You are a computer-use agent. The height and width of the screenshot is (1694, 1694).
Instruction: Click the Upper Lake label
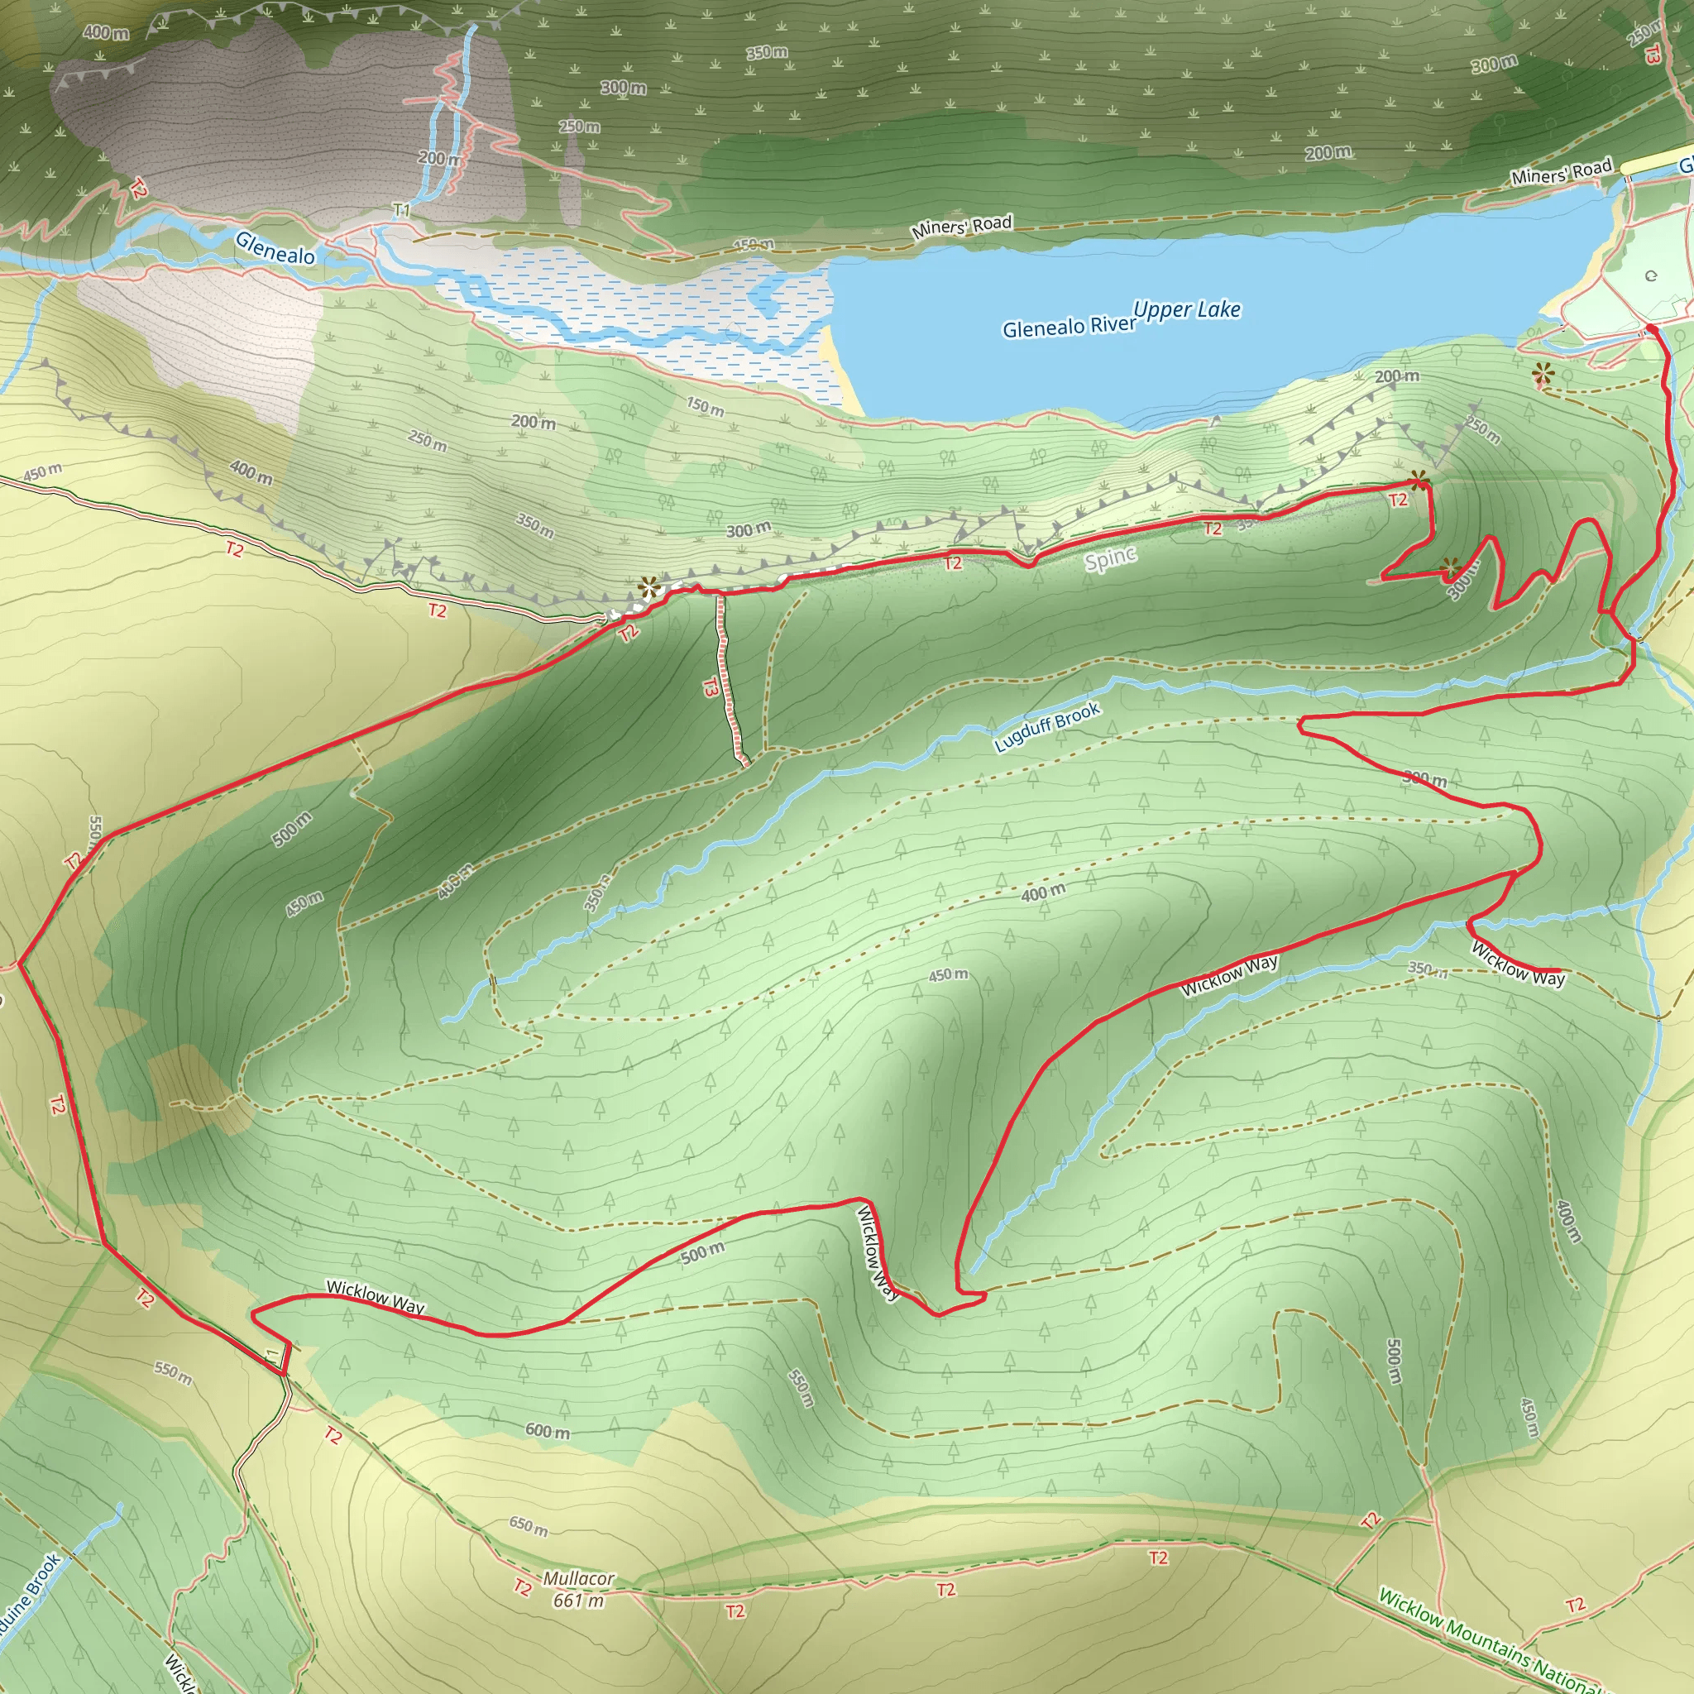tap(1187, 309)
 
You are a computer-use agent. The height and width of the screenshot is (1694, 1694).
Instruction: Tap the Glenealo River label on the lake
tap(1069, 327)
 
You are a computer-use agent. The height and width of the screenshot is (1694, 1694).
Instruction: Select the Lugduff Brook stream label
tap(1047, 727)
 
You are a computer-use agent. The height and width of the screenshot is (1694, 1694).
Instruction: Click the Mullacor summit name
tap(579, 1578)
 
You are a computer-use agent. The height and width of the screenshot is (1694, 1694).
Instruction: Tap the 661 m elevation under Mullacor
tap(579, 1601)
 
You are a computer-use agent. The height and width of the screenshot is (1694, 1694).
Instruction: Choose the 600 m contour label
tap(547, 1431)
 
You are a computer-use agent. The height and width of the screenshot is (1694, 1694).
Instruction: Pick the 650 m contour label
tap(529, 1525)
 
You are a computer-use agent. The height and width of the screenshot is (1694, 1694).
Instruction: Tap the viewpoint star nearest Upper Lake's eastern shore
tap(1543, 375)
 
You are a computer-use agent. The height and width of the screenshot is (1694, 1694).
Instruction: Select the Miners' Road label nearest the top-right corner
tap(1562, 172)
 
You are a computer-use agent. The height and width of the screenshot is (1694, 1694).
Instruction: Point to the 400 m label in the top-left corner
tap(106, 32)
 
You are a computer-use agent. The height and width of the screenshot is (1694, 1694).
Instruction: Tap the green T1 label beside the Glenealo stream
tap(400, 210)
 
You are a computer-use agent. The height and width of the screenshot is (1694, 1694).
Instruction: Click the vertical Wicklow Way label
tap(877, 1253)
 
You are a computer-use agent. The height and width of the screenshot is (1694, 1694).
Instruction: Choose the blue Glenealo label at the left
tap(275, 248)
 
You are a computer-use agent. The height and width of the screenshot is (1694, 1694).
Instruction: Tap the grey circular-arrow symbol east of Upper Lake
tap(1651, 276)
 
